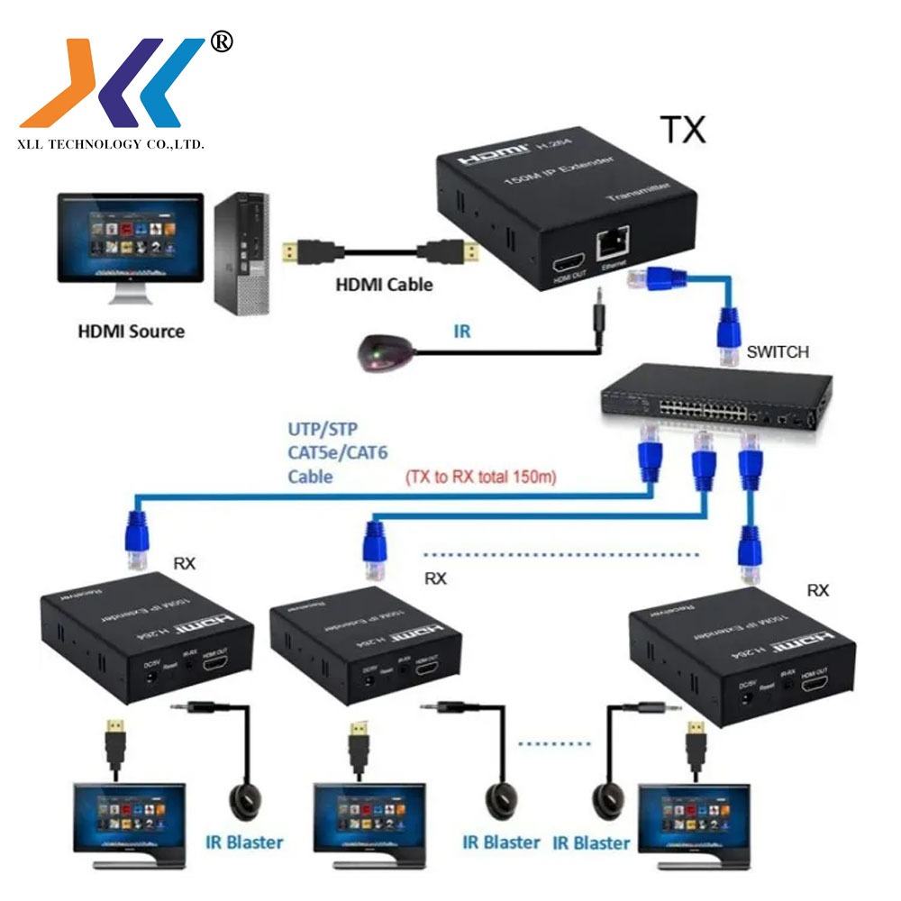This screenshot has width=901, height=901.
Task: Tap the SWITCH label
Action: coord(778,352)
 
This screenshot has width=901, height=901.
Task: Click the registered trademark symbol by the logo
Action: coord(221,41)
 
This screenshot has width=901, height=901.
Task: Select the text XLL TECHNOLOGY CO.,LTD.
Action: coord(112,144)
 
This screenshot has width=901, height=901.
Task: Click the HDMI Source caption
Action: coord(130,331)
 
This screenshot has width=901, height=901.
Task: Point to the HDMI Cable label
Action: coord(384,285)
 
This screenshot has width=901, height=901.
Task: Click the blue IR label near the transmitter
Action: coord(461,332)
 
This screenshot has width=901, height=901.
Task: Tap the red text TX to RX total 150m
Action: coord(481,476)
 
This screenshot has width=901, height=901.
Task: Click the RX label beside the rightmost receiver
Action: coord(817,590)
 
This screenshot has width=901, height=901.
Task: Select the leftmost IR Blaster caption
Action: coord(243,842)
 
